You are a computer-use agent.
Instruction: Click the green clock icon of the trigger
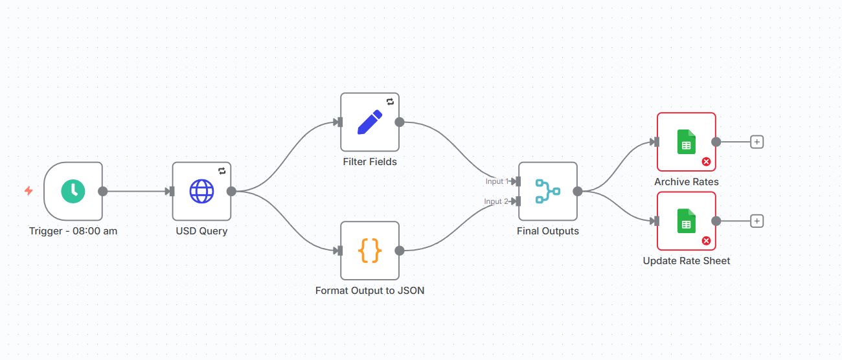tap(73, 191)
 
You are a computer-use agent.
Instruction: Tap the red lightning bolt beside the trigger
tap(28, 190)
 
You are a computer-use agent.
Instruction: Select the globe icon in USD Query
tap(201, 191)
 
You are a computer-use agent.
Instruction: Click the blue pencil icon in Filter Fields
tap(370, 122)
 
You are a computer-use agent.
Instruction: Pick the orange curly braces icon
tap(370, 251)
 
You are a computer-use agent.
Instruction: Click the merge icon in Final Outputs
tap(547, 191)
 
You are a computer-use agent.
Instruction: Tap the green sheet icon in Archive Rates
tap(686, 142)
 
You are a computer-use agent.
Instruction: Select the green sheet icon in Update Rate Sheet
tap(686, 221)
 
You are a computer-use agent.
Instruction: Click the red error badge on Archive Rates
tap(706, 162)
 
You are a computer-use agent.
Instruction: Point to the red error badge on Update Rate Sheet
tap(706, 241)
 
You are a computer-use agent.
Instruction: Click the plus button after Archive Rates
tap(757, 142)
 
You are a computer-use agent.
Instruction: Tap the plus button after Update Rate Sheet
tap(757, 221)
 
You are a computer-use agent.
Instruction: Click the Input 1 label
tap(496, 181)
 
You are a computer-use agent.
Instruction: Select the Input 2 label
tap(496, 201)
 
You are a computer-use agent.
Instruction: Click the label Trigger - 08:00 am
tap(73, 231)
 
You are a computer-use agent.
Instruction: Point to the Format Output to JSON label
tap(370, 291)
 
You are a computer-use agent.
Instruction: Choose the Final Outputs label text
tap(547, 231)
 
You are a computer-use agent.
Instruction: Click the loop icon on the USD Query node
tap(222, 171)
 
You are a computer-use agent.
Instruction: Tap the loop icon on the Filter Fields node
tap(390, 102)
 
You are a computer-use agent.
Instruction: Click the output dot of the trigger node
tap(102, 191)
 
